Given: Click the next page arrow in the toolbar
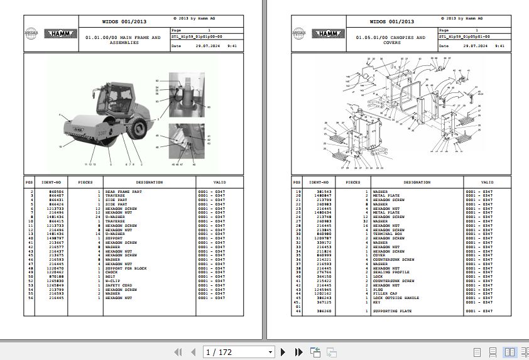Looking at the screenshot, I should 283,352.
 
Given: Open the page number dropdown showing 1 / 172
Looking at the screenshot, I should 239,352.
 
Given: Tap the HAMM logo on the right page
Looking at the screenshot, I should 327,34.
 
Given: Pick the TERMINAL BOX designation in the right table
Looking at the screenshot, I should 388,234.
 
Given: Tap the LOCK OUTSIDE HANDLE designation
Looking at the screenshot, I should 396,298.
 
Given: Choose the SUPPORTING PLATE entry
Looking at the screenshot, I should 393,311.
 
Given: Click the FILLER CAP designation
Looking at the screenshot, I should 385,293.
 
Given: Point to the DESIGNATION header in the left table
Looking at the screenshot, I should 149,182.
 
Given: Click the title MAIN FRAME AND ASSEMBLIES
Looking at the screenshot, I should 123,40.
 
